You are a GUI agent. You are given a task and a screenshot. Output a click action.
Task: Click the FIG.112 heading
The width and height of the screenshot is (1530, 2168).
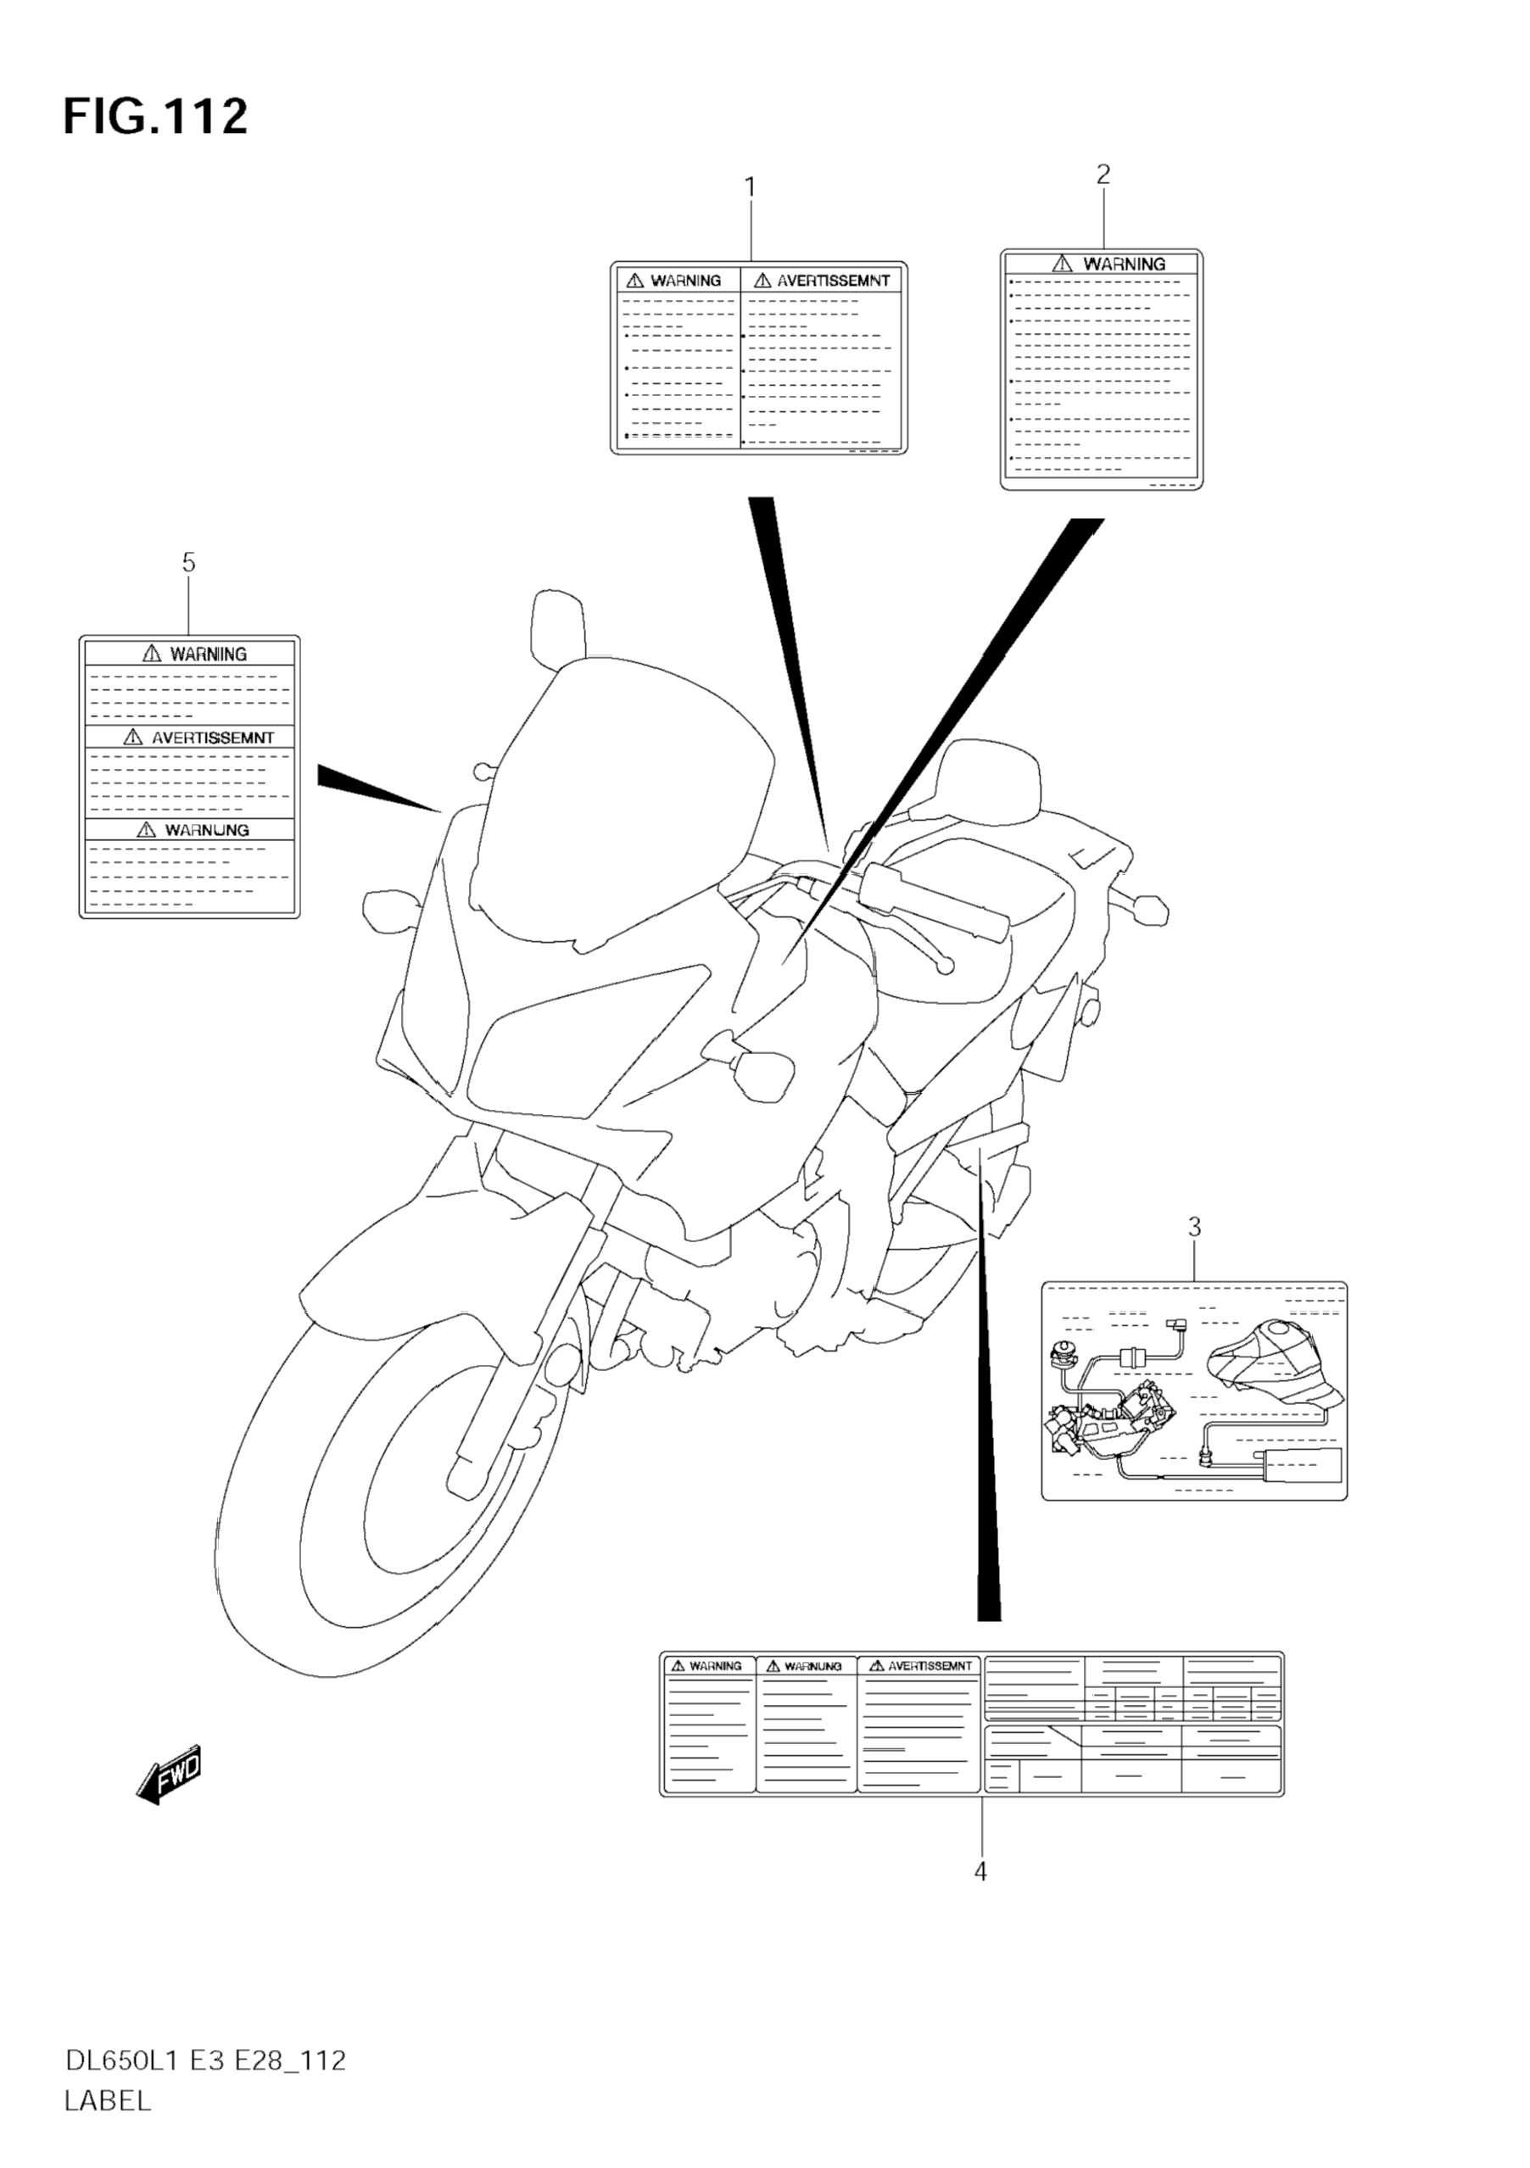(155, 118)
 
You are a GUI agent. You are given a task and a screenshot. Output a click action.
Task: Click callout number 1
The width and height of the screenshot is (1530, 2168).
(751, 188)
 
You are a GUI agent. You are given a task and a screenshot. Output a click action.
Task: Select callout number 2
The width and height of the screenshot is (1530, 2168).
(1103, 175)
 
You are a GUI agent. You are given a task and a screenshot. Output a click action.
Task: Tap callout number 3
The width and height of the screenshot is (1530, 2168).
(1194, 1228)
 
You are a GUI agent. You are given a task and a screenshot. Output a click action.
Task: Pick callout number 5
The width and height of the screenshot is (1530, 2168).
(189, 563)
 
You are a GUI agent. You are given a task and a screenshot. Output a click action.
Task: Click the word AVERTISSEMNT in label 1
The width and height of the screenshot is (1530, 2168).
(832, 281)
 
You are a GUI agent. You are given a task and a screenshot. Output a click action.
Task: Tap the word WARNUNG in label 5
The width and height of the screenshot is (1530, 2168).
(206, 830)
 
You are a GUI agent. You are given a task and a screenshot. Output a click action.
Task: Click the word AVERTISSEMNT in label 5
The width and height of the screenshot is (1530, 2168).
(211, 738)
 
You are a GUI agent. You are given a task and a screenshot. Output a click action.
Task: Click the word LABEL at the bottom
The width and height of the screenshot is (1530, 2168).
(108, 2101)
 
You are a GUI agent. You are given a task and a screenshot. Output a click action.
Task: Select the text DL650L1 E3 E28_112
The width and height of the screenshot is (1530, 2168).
(205, 2060)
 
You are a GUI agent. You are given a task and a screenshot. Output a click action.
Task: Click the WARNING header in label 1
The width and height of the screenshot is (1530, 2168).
(684, 281)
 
